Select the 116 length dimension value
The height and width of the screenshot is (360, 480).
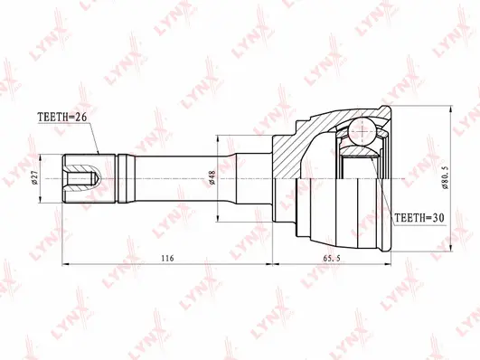[168, 259]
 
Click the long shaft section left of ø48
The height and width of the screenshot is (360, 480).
[172, 176]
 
